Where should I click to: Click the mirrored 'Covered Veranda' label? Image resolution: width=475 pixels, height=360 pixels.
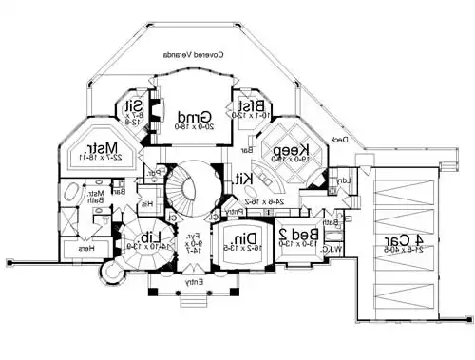[x=195, y=55]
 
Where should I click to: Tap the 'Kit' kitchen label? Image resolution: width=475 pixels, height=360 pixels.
[x=244, y=179]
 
